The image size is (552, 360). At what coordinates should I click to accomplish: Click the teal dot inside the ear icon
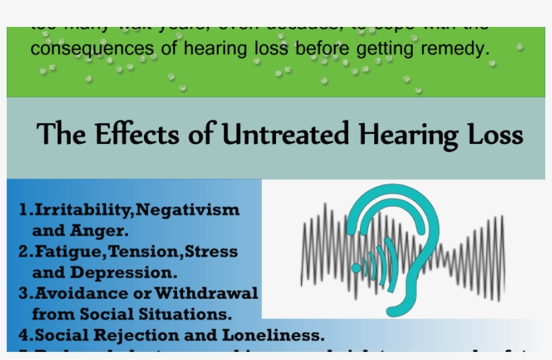(356, 267)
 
